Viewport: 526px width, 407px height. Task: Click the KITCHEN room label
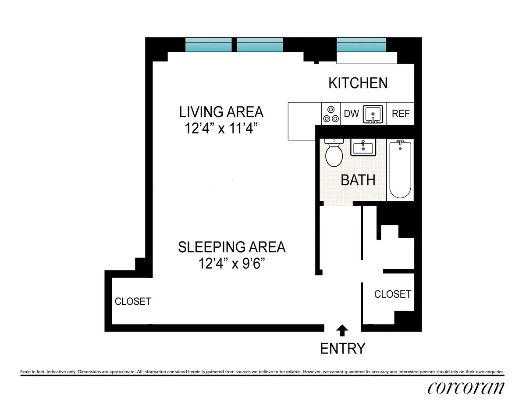click(358, 83)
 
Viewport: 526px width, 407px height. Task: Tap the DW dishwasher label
click(351, 114)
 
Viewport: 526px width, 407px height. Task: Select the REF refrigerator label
click(401, 114)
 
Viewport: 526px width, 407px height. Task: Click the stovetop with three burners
click(331, 114)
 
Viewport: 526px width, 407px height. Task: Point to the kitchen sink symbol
click(372, 114)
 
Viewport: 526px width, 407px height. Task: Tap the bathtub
click(400, 170)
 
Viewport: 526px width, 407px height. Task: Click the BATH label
click(358, 180)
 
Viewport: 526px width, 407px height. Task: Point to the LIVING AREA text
click(221, 112)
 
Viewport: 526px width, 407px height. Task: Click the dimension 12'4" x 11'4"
click(221, 129)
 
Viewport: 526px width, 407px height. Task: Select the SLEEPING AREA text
click(231, 247)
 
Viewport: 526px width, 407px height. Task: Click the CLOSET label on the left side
click(133, 302)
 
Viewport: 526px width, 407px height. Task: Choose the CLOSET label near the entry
click(393, 294)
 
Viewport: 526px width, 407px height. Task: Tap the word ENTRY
click(342, 349)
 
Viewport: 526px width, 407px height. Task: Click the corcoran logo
click(466, 388)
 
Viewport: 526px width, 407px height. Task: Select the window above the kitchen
click(361, 45)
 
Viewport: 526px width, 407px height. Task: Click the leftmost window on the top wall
click(208, 45)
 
